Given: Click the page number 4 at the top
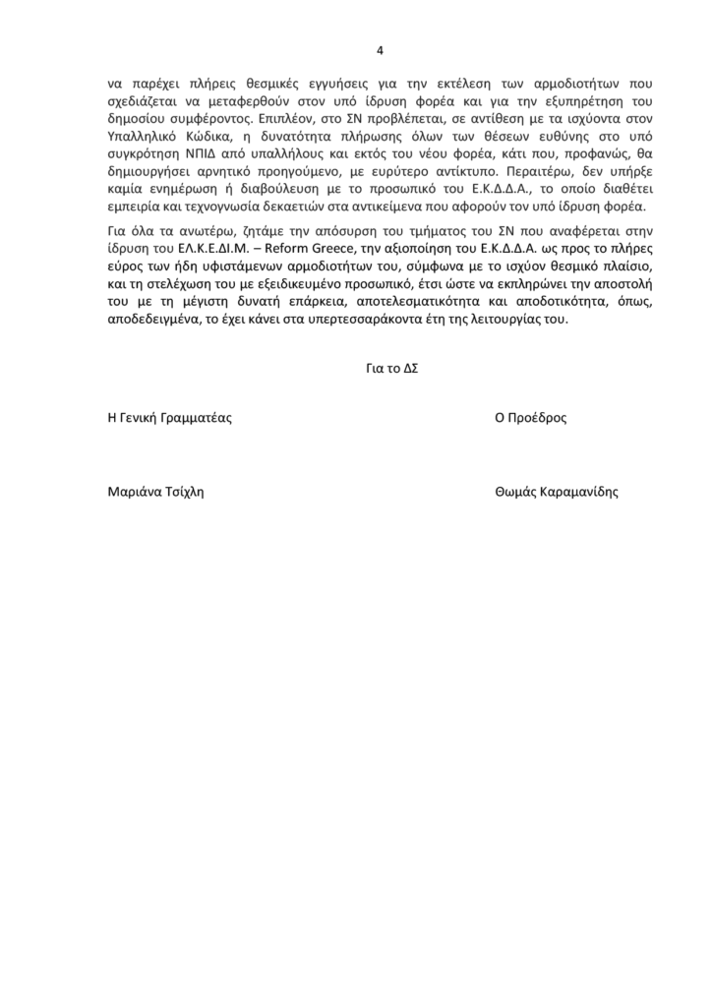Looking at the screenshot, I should pyautogui.click(x=381, y=51).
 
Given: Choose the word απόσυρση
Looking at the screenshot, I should pyautogui.click(x=313, y=229).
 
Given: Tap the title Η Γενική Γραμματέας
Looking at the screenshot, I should pyautogui.click(x=169, y=416).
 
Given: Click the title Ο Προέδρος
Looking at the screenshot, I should pyautogui.click(x=531, y=416).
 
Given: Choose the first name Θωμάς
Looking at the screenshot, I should pyautogui.click(x=515, y=492).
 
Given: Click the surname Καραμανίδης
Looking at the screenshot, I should pyautogui.click(x=579, y=492).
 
